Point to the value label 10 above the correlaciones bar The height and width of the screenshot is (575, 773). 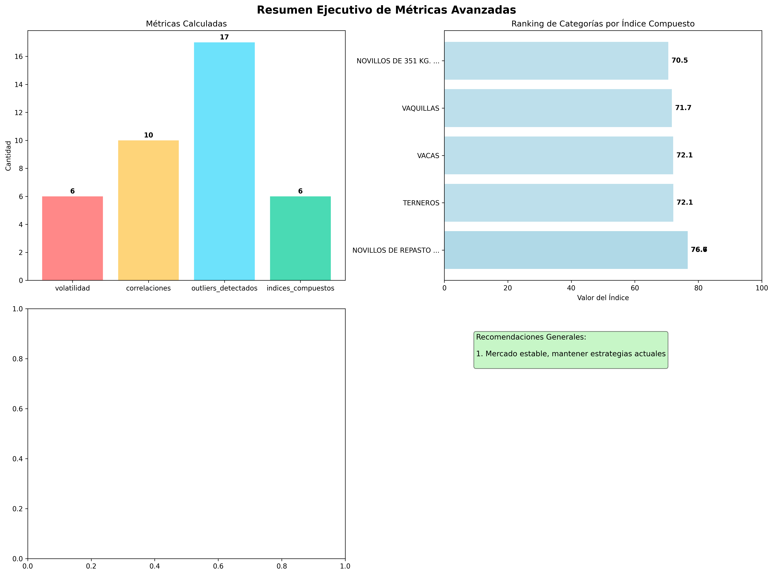148,135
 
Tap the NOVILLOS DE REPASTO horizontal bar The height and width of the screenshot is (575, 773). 566,250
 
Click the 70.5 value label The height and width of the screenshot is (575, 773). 679,61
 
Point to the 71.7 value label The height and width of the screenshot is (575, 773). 683,108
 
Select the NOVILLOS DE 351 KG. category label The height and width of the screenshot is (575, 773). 398,61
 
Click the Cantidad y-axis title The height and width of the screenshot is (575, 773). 8,156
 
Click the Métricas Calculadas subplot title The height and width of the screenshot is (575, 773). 186,24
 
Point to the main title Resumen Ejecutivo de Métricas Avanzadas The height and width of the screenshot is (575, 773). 386,10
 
